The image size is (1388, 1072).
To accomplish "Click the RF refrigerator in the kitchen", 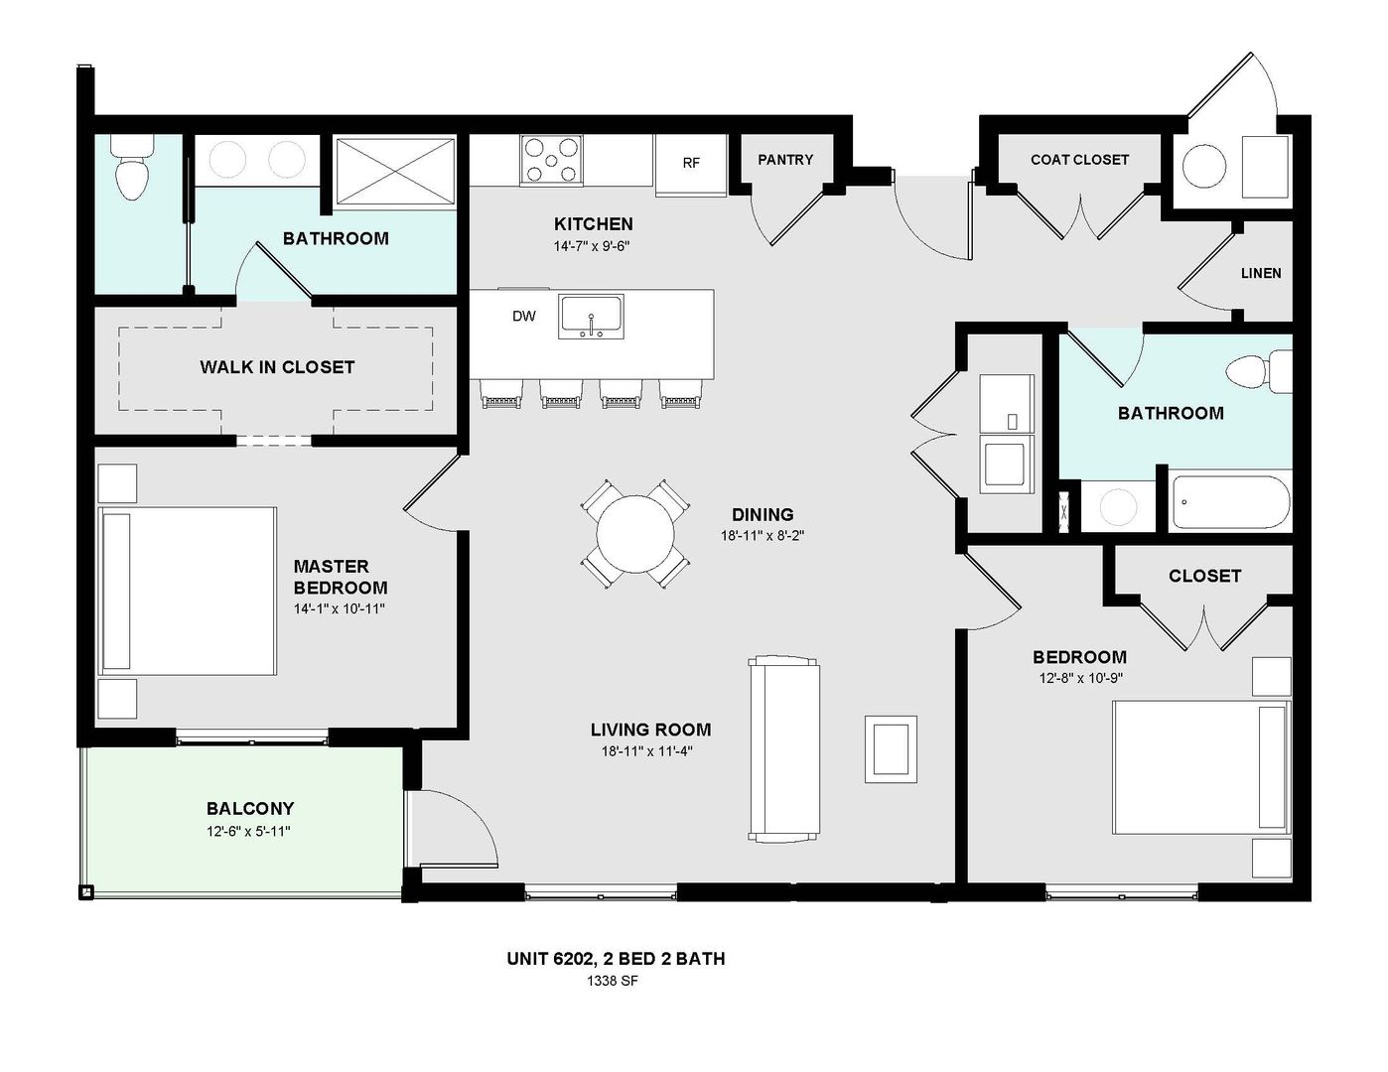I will (x=691, y=162).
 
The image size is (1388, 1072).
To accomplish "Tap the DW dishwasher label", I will (x=523, y=317).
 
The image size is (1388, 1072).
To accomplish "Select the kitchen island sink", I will (x=591, y=315).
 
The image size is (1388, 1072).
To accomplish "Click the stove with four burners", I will (x=551, y=160).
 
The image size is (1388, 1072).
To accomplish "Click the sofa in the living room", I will (x=784, y=747).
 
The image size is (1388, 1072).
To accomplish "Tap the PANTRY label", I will (x=784, y=160).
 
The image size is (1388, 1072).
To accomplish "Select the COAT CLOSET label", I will (x=1079, y=160).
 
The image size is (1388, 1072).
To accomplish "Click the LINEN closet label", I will (x=1260, y=273).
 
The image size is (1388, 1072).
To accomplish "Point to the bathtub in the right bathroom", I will (x=1230, y=503).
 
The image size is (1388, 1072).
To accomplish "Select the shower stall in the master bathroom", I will (x=394, y=172).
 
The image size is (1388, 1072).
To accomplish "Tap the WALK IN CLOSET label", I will (x=277, y=367).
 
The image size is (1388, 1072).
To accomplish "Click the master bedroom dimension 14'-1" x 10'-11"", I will (x=339, y=608).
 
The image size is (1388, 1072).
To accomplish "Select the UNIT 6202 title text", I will (x=616, y=959).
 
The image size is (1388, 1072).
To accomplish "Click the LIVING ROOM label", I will (x=650, y=730).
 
